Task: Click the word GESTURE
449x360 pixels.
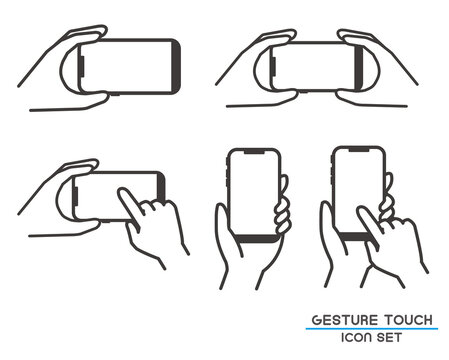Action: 345,320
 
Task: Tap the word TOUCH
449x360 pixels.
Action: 408,320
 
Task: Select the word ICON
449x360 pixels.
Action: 356,337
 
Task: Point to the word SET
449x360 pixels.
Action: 389,337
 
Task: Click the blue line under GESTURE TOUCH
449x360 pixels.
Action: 372,329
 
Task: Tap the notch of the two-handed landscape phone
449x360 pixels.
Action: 274,66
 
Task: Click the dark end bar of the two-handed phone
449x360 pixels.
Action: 359,67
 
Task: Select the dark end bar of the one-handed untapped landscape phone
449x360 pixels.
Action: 176,66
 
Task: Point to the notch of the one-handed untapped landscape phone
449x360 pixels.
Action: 82,66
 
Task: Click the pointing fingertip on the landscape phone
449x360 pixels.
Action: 122,191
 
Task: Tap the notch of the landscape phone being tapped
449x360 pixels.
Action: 76,196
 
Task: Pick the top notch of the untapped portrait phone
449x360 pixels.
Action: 255,152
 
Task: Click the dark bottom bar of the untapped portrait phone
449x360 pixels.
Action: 256,238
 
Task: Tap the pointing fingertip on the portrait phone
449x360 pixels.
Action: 361,210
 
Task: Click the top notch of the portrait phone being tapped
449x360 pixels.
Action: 359,150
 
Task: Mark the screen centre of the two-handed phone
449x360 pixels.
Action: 314,67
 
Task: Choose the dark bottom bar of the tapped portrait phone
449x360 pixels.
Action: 356,236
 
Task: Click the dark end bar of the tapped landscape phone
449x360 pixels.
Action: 161,188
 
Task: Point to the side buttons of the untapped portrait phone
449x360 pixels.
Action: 228,172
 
